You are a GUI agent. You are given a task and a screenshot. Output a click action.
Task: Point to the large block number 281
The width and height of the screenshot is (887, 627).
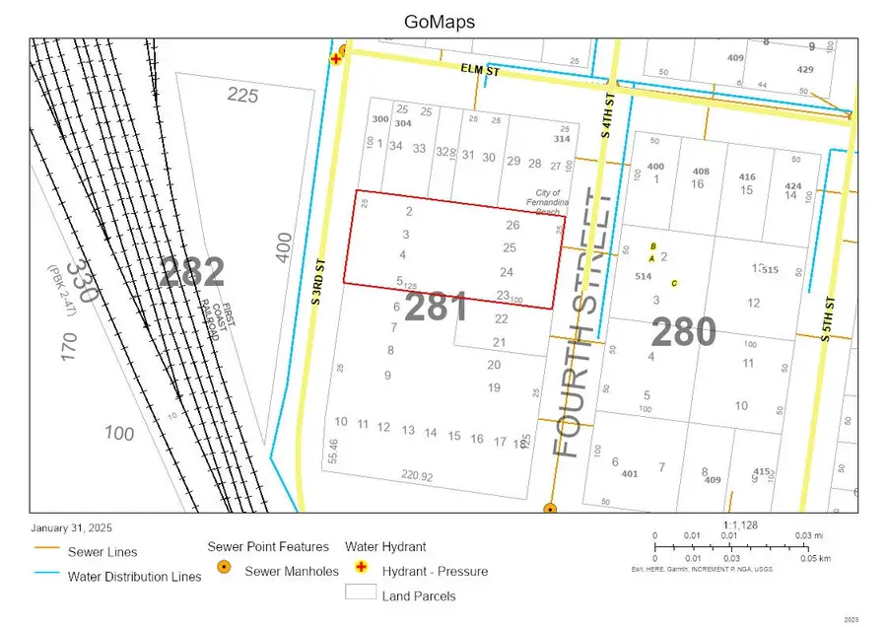[x=436, y=308]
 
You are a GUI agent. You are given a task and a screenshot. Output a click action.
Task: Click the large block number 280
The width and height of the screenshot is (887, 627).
[x=684, y=332]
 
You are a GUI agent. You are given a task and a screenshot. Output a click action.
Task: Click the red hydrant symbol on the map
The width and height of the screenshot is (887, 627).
[x=336, y=59]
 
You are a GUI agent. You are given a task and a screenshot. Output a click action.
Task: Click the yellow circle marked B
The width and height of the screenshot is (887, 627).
[x=652, y=246]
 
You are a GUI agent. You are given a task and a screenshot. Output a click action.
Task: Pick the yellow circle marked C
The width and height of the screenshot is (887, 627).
[x=674, y=284]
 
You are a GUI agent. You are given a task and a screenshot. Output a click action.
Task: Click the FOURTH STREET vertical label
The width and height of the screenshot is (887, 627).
[x=580, y=322]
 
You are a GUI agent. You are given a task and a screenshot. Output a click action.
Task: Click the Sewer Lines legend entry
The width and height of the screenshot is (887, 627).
[x=102, y=552]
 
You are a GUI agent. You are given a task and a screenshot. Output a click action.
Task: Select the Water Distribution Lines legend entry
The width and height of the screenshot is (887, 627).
[x=134, y=577]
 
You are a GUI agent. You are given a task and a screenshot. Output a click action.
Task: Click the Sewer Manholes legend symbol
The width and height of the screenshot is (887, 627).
[x=225, y=570]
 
